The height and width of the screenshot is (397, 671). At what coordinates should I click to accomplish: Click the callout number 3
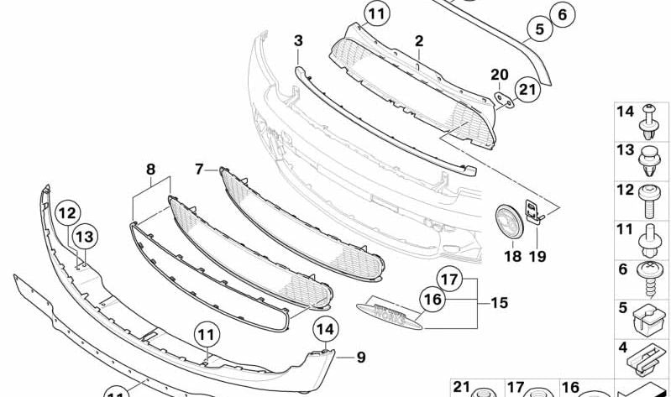[x=298, y=40]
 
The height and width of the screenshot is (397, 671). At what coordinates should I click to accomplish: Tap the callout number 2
[x=418, y=40]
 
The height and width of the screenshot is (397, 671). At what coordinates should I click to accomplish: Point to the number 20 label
[x=500, y=75]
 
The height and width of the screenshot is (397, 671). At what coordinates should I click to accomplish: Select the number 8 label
[x=151, y=169]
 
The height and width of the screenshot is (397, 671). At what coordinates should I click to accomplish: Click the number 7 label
[x=199, y=169]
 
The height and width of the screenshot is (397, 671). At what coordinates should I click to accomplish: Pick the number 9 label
[x=360, y=358]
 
